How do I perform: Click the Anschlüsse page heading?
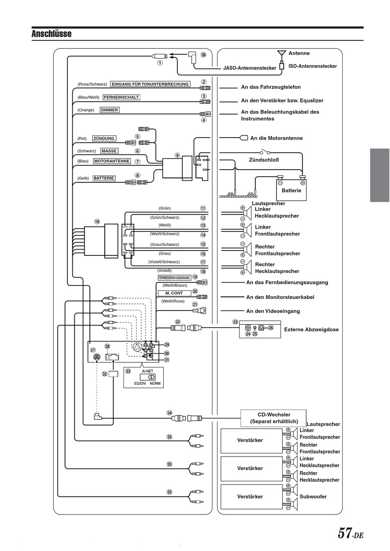[51, 34]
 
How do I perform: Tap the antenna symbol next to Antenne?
[282, 54]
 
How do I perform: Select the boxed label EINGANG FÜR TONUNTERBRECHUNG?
[150, 84]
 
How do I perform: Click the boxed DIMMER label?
[110, 110]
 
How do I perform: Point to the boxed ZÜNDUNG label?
[104, 138]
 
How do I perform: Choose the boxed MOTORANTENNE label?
[112, 161]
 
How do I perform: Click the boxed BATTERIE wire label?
[104, 178]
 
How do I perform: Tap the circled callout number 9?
[177, 155]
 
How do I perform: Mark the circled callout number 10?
[97, 222]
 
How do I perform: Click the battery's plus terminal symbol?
[303, 183]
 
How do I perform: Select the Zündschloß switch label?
[264, 160]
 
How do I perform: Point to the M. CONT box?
[174, 293]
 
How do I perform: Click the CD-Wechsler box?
[273, 418]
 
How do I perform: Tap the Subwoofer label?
[313, 497]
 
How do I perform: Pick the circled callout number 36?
[203, 55]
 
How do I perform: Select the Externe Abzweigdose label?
[311, 330]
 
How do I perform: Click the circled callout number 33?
[128, 371]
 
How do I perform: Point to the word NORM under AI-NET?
[155, 383]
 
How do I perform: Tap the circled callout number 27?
[93, 350]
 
